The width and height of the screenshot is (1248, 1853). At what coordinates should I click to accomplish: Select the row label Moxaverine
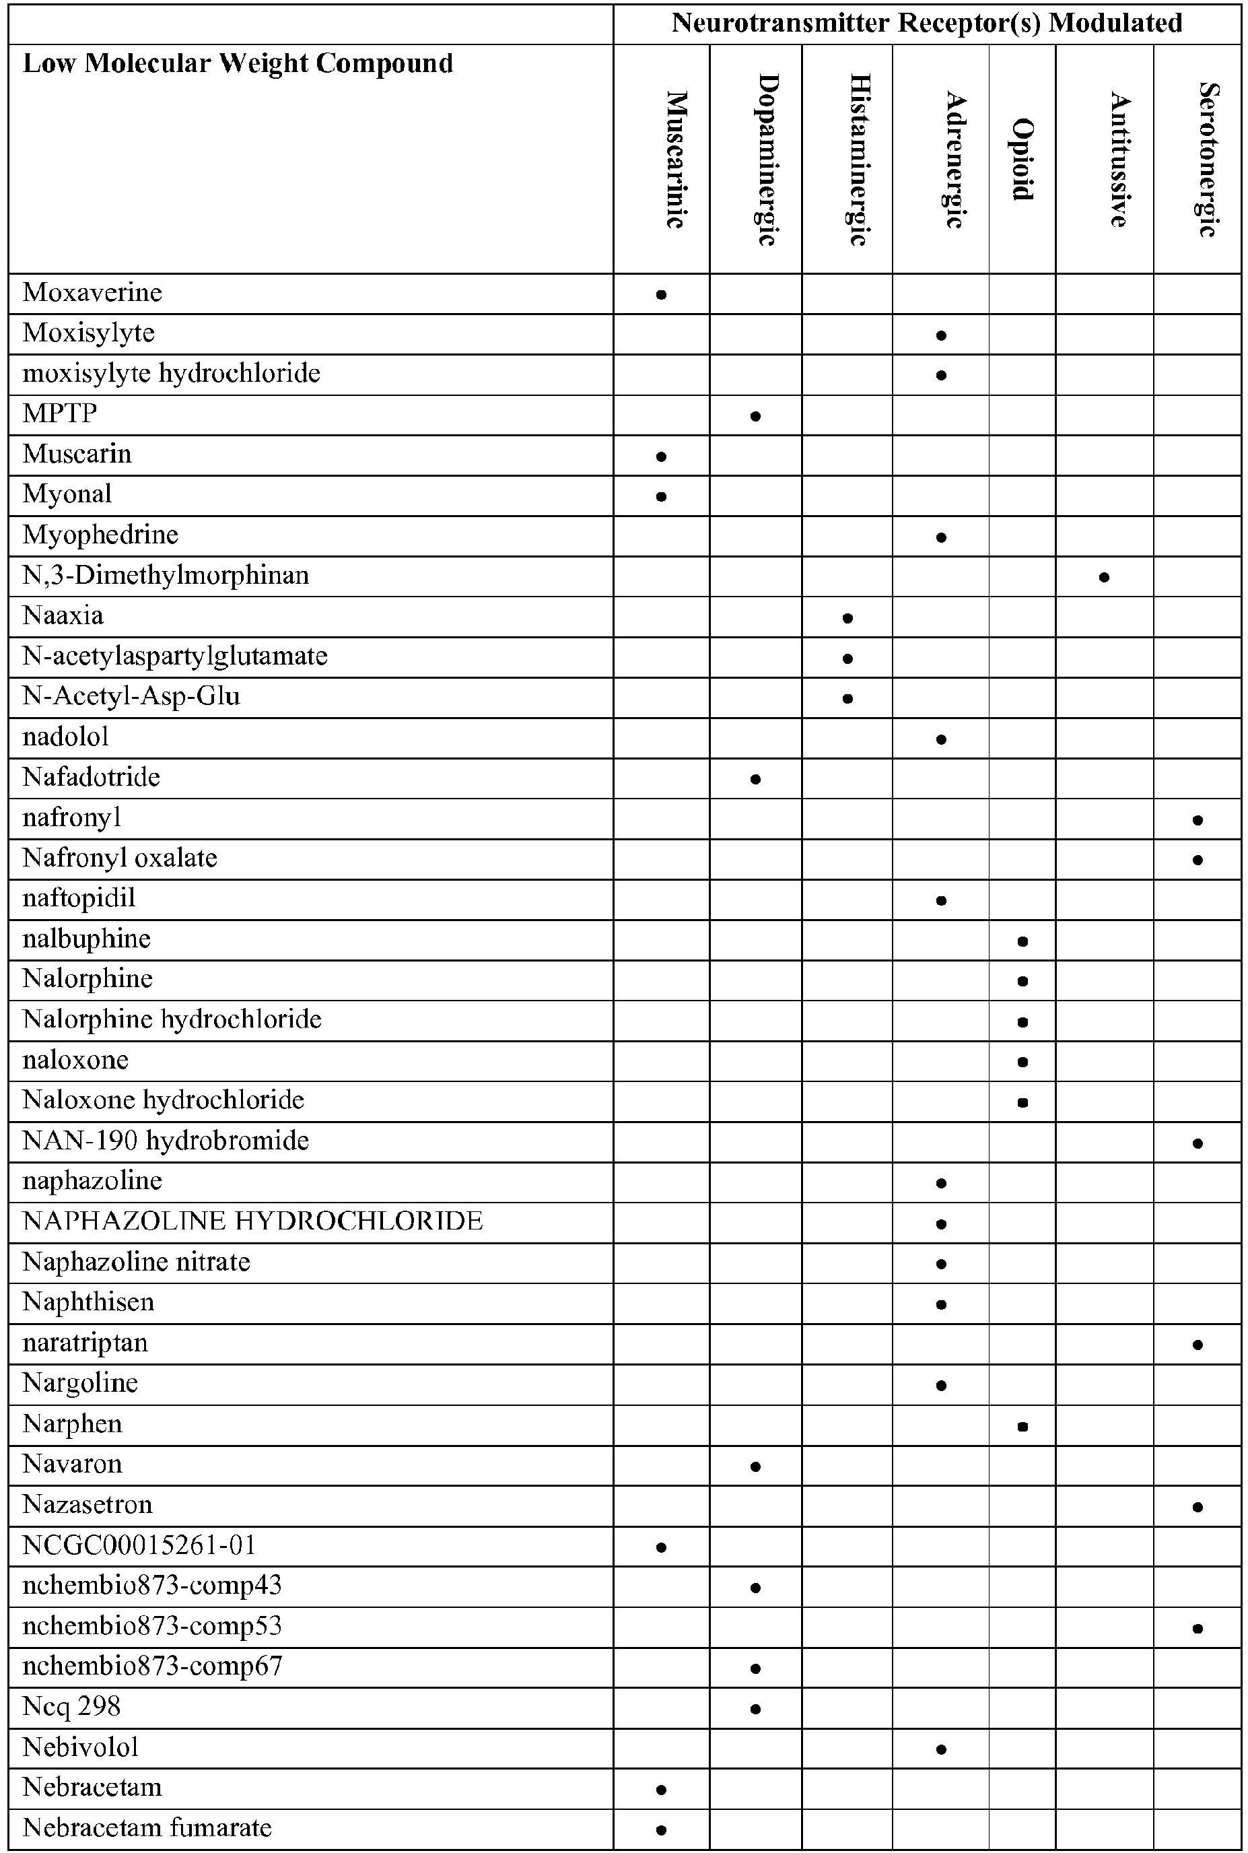pos(92,293)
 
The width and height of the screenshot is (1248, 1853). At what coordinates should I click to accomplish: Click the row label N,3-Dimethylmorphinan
pos(166,576)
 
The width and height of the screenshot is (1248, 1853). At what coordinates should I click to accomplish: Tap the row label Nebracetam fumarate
pos(147,1828)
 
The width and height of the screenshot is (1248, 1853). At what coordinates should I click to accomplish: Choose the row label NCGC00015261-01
pos(139,1545)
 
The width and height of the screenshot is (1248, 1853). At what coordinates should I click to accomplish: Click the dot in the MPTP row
pos(755,415)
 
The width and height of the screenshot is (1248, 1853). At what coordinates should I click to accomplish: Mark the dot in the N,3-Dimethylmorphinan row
pos(1104,577)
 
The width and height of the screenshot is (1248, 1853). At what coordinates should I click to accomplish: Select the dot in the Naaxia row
pos(847,617)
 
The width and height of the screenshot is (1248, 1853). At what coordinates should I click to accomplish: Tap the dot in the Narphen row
pos(1022,1426)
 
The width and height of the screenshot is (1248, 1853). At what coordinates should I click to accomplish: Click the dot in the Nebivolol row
pos(941,1749)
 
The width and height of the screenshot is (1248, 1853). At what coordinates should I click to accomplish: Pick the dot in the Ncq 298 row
pos(755,1709)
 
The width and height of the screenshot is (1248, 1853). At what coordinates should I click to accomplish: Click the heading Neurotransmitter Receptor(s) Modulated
pos(926,23)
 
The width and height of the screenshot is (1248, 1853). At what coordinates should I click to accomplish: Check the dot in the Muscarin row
pos(660,456)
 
